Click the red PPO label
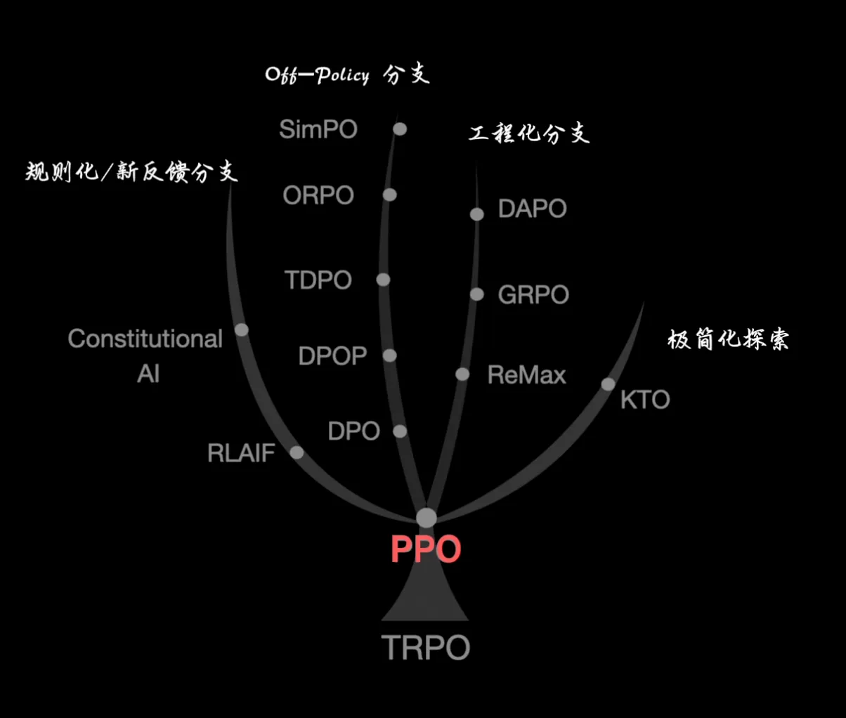click(426, 549)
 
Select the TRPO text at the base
click(426, 647)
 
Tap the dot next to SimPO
click(400, 129)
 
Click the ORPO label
click(318, 195)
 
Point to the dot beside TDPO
click(383, 280)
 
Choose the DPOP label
click(332, 355)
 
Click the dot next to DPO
click(400, 431)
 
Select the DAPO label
click(532, 208)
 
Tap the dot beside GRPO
click(477, 294)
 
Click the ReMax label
click(527, 374)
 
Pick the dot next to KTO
click(609, 384)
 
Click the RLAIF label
click(241, 453)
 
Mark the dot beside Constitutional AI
click(242, 329)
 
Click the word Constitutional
click(145, 339)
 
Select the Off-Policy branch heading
click(347, 74)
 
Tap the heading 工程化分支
click(529, 133)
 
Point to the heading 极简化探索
click(728, 339)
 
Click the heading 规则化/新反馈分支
click(131, 171)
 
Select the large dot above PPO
click(427, 518)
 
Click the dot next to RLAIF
click(297, 452)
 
